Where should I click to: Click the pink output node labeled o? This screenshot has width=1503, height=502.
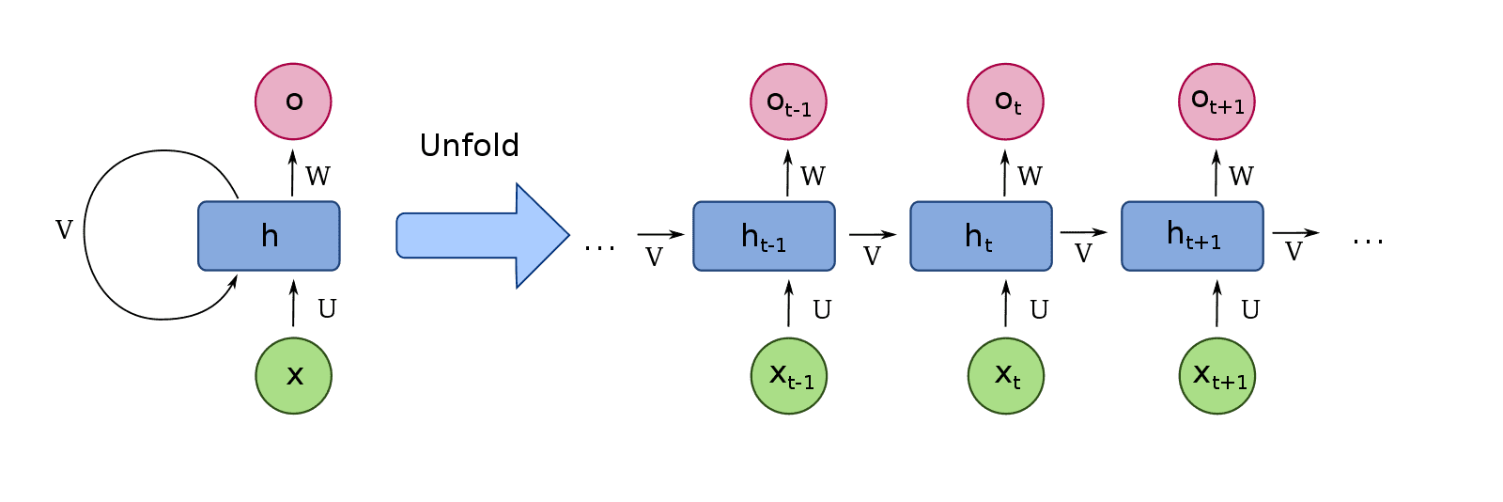(x=293, y=102)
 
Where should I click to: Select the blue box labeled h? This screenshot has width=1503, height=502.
(x=269, y=236)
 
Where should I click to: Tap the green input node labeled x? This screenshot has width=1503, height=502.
(x=293, y=376)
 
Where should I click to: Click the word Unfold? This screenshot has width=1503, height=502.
(x=469, y=146)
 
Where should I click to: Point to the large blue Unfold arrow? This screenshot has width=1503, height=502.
(x=483, y=235)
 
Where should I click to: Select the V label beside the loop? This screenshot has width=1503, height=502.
(x=64, y=229)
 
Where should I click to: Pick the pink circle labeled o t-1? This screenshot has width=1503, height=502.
(x=788, y=102)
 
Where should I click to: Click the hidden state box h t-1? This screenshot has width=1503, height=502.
(x=764, y=236)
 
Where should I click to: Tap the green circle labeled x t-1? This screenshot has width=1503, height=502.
(x=788, y=376)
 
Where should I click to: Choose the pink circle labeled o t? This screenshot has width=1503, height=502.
(x=1005, y=102)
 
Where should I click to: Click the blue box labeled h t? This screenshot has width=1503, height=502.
(x=981, y=236)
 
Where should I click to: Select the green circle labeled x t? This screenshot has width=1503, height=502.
(x=1005, y=376)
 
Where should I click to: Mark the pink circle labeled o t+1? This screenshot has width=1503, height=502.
(x=1216, y=102)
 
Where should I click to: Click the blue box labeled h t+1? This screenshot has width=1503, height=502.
(x=1192, y=236)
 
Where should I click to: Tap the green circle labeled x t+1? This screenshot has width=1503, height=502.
(x=1216, y=376)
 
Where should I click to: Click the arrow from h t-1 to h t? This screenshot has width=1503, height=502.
(x=873, y=235)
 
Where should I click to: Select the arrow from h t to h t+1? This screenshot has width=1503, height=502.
(x=1084, y=233)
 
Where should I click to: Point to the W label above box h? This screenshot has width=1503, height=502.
(x=318, y=176)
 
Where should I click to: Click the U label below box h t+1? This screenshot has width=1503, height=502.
(x=1250, y=309)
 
